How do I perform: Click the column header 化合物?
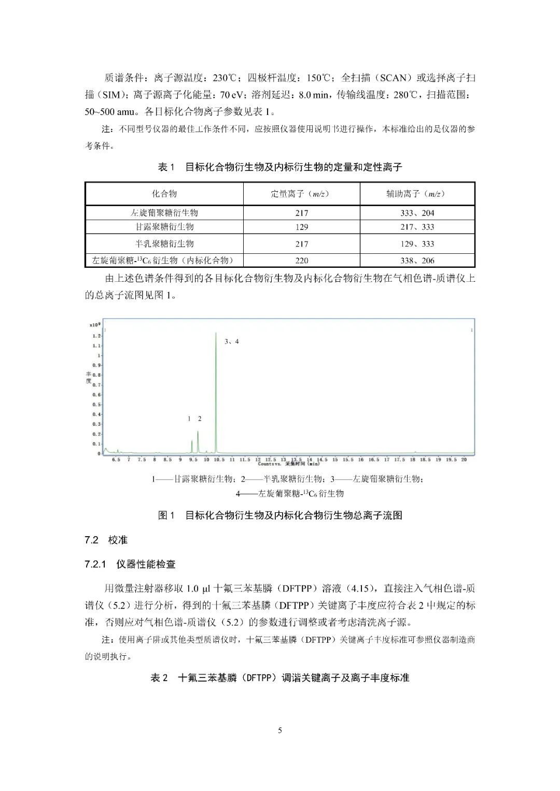(x=164, y=194)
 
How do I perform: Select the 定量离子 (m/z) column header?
(x=301, y=194)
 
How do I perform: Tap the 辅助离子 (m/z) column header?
(x=417, y=194)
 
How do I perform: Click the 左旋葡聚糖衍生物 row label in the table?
(x=164, y=213)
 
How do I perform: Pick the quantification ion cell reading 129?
(x=301, y=227)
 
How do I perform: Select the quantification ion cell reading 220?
(x=301, y=261)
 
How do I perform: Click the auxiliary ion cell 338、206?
(x=417, y=261)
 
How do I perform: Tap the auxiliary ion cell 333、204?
(x=417, y=213)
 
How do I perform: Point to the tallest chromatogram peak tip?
(x=216, y=333)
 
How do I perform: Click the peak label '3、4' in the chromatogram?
(x=231, y=341)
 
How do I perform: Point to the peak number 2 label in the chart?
(x=200, y=419)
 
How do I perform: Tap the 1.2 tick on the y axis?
(x=96, y=336)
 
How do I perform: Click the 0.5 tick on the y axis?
(x=96, y=405)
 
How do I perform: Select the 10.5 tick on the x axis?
(x=219, y=459)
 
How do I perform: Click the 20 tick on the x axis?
(x=464, y=459)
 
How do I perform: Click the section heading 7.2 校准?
(x=106, y=540)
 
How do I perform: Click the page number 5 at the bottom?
(x=280, y=730)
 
